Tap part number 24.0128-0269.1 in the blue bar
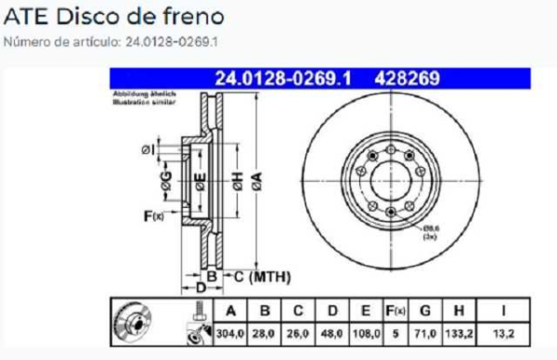(x=282, y=79)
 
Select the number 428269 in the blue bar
(x=407, y=79)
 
